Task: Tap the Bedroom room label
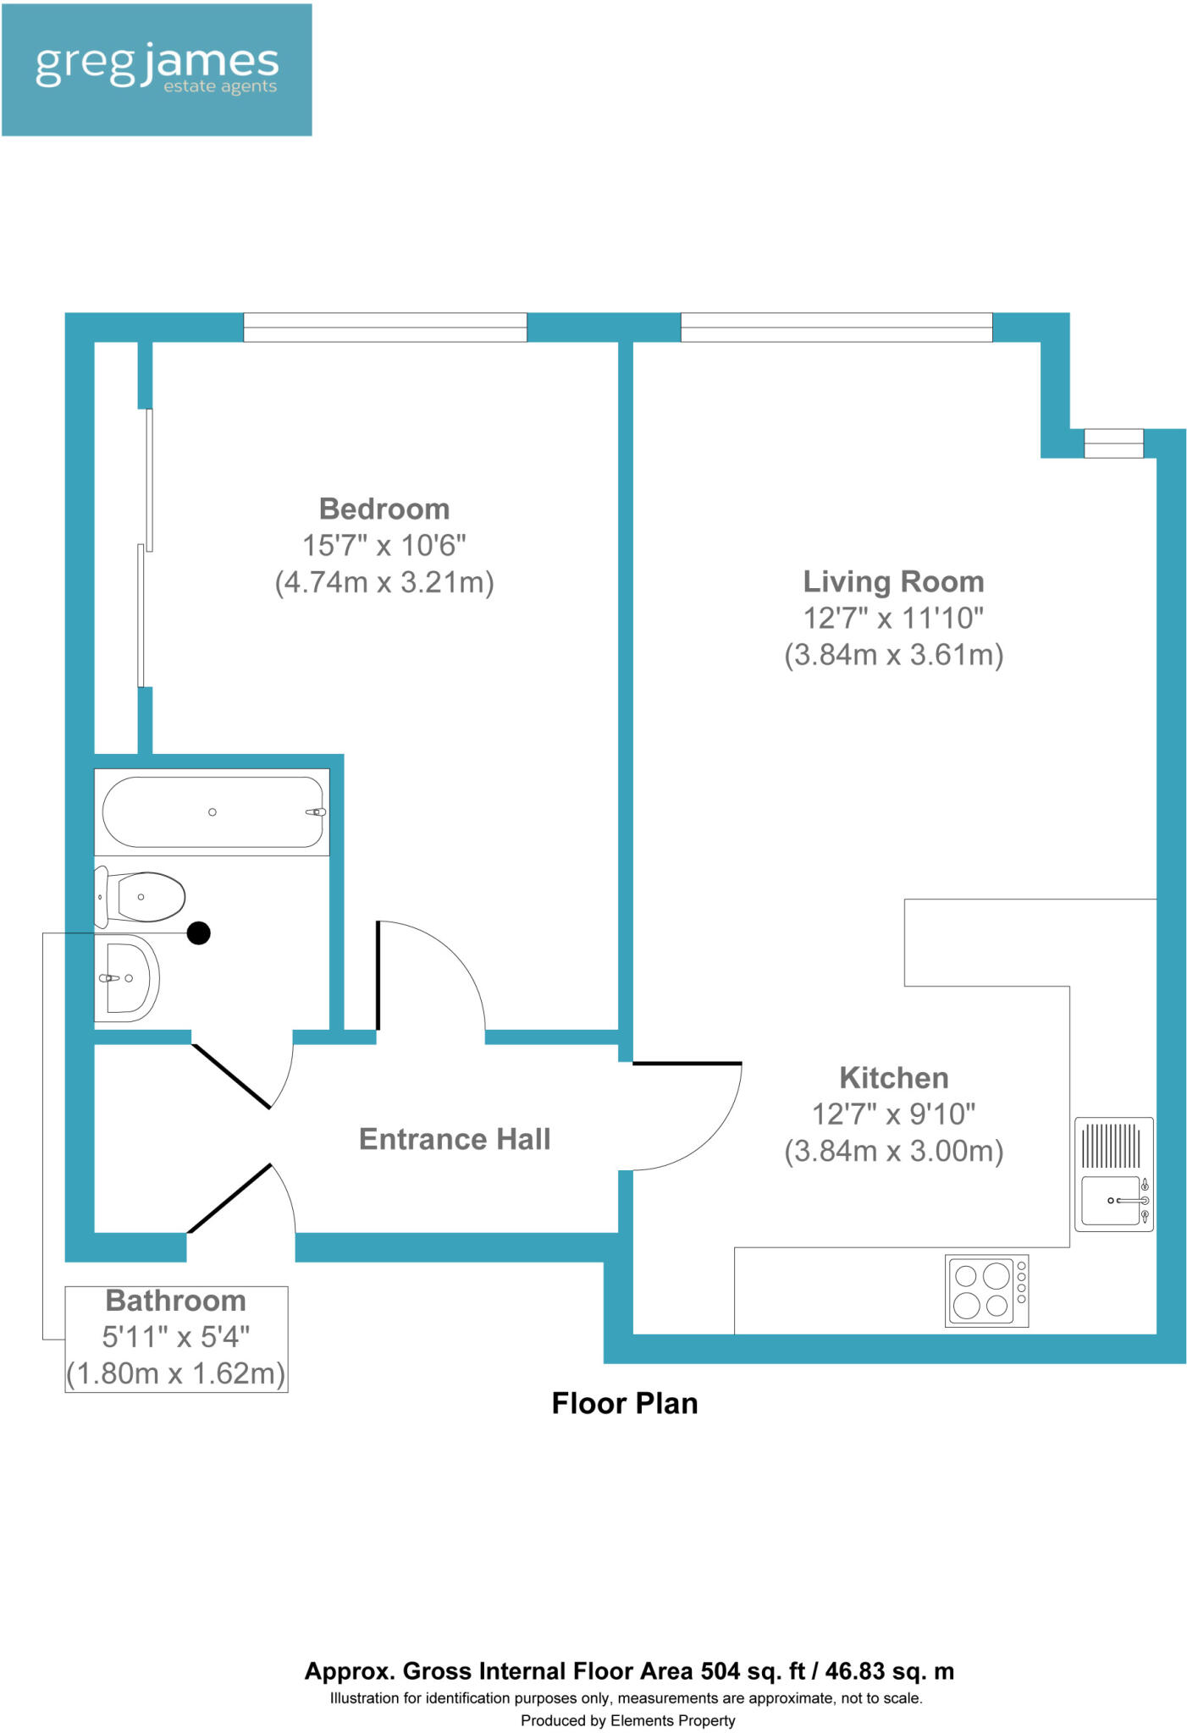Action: coord(384,509)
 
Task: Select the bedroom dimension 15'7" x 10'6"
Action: coord(384,546)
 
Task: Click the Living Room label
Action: coord(893,581)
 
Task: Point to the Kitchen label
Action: coord(893,1077)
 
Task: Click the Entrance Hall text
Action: coord(455,1139)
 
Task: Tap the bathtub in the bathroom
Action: coord(212,812)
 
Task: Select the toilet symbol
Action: coord(144,897)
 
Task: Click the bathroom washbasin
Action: coord(127,978)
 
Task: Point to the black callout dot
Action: coord(198,933)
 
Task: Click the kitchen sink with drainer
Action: coord(1113,1174)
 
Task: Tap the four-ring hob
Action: coord(986,1290)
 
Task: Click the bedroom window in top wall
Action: coord(385,327)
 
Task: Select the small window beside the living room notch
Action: coord(1113,443)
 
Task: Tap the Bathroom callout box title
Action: coord(176,1301)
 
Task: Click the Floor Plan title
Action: coord(625,1403)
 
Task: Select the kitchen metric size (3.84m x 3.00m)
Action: coord(893,1152)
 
